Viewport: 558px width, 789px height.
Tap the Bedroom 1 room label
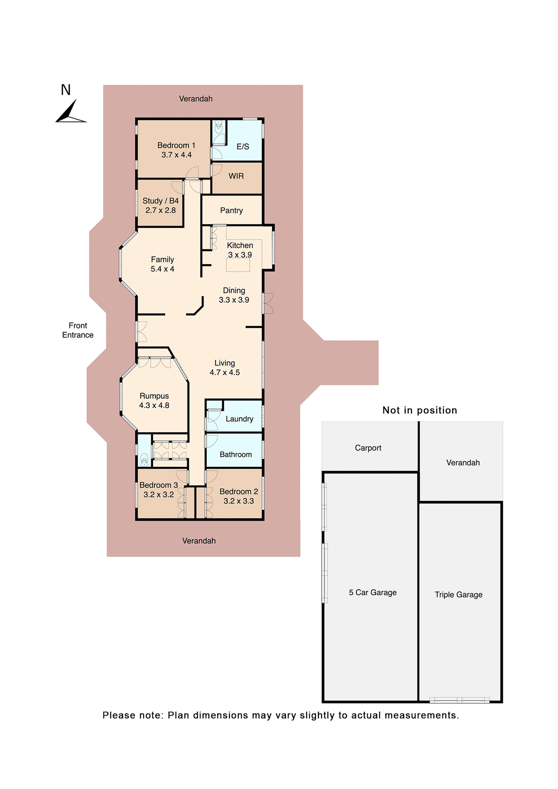coord(176,145)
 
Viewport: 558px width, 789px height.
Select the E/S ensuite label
coord(243,147)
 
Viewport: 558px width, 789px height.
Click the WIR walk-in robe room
coord(236,176)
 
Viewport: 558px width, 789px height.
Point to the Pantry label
coord(231,211)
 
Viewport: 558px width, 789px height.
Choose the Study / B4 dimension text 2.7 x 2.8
coord(161,210)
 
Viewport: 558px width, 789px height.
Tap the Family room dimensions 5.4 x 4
coord(162,269)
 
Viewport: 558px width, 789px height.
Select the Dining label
coord(234,291)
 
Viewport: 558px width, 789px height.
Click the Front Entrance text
coord(78,330)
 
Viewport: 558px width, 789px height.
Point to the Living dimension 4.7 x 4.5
coord(225,373)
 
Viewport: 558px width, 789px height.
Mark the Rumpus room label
coord(154,396)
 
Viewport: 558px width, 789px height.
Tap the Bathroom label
coord(235,454)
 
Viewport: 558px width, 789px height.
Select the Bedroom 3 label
coord(159,485)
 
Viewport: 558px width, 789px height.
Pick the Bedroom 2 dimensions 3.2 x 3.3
coord(239,501)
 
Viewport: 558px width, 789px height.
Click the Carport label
coord(368,448)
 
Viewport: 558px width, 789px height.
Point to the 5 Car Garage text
coord(373,593)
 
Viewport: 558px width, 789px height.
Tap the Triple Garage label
coord(459,595)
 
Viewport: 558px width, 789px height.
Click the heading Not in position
coord(420,410)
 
